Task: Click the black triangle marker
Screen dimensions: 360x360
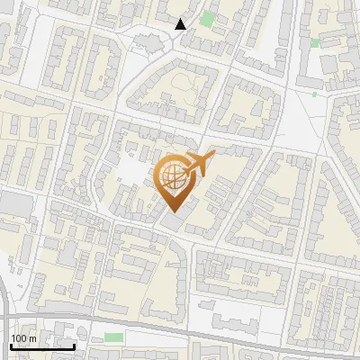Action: coord(181,24)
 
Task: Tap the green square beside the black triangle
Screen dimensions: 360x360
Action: coord(208,19)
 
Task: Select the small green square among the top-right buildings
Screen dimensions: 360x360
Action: coord(315,42)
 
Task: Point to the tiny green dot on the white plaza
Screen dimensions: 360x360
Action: coord(314,93)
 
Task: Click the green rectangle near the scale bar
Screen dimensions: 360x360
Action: coord(113,337)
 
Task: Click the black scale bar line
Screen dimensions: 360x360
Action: coord(42,346)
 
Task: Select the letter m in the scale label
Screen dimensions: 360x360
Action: coord(32,338)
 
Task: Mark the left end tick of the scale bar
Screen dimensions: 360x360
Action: coord(10,344)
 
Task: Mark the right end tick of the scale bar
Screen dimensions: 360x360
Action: coord(74,344)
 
